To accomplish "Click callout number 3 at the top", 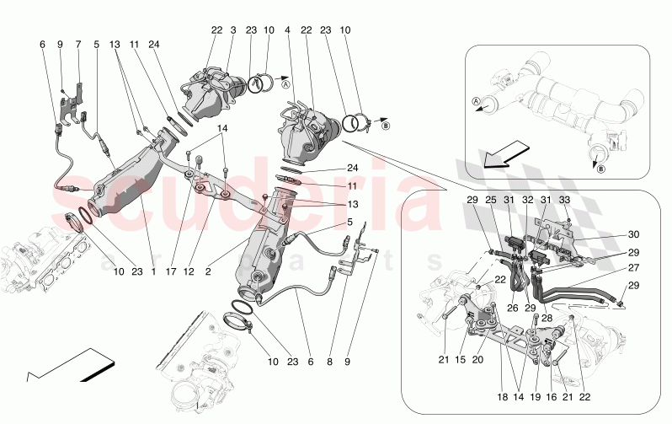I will tap(233, 30).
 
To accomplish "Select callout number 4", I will tap(288, 30).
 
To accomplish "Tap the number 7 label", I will tap(78, 44).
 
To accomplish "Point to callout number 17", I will tap(172, 271).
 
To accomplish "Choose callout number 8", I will tap(329, 362).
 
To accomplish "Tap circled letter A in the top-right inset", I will tap(477, 101).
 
